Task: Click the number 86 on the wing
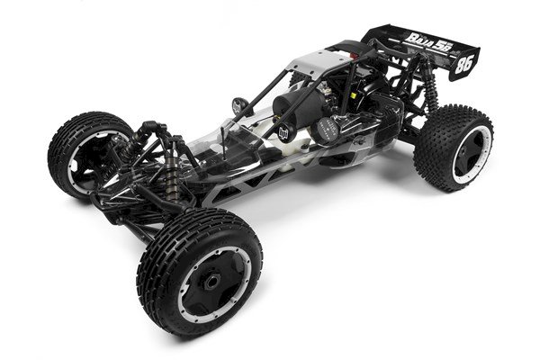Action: pos(463,65)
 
